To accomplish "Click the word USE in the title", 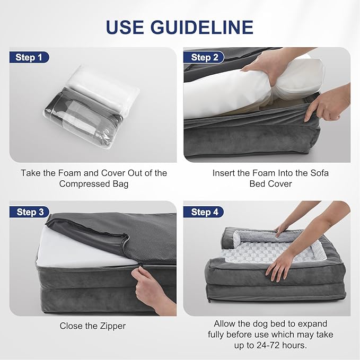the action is pyautogui.click(x=125, y=27).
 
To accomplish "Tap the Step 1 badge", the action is pyautogui.click(x=29, y=57).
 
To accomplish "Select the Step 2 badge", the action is pyautogui.click(x=204, y=57).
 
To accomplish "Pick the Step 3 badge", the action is pyautogui.click(x=30, y=212).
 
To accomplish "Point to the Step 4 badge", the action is pyautogui.click(x=204, y=212).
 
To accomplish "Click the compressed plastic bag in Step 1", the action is pyautogui.click(x=92, y=106).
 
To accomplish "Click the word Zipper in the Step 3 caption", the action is pyautogui.click(x=113, y=326).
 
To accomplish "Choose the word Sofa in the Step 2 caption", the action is pyautogui.click(x=320, y=173).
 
